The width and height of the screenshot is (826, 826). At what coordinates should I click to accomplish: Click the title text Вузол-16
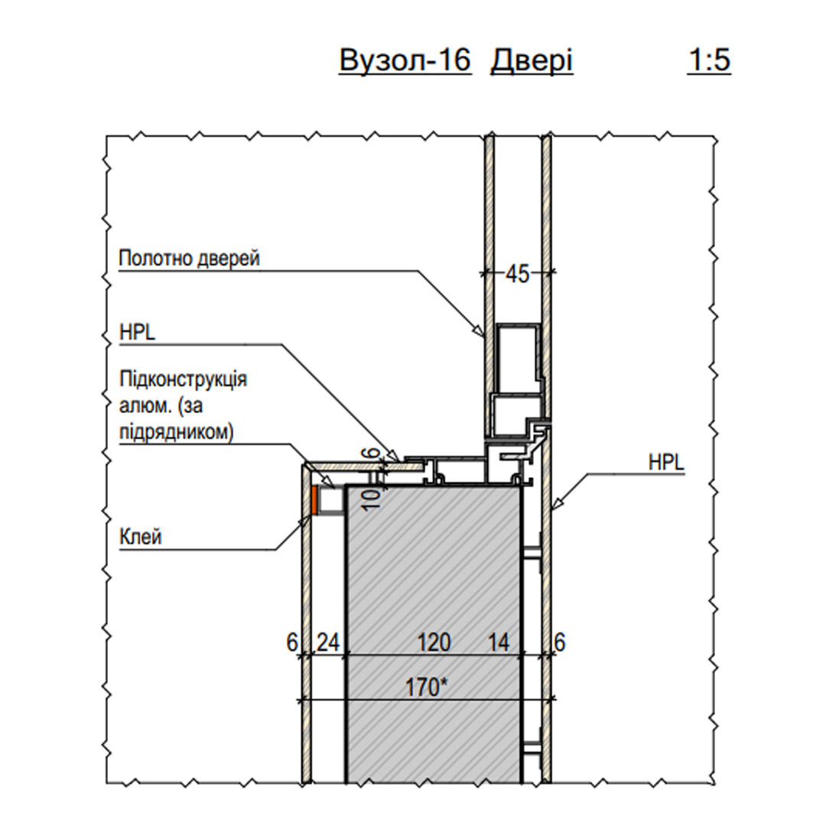click(405, 60)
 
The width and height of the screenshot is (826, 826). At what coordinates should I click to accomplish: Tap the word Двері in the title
click(532, 61)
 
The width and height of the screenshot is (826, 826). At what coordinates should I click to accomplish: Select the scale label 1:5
click(709, 60)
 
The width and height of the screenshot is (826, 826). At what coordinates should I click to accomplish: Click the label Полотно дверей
click(189, 259)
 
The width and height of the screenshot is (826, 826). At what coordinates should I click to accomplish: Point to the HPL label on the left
click(137, 333)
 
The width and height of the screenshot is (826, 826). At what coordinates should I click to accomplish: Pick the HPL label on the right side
click(666, 463)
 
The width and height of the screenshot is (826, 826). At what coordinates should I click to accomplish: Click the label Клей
click(140, 537)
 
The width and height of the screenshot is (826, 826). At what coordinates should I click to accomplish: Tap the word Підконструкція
click(183, 379)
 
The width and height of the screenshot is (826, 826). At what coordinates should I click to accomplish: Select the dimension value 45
click(517, 274)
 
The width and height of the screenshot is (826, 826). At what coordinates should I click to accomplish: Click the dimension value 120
click(434, 642)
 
